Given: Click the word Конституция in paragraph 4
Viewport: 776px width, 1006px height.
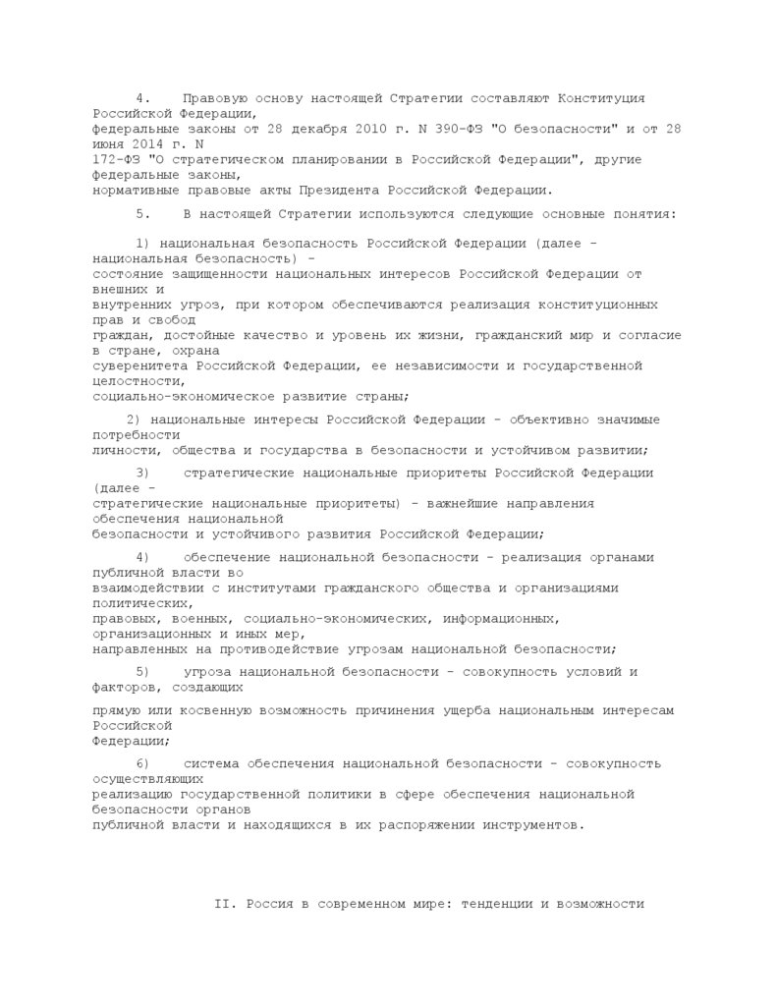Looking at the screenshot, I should pos(601,98).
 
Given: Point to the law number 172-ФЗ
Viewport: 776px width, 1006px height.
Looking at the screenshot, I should pos(117,159).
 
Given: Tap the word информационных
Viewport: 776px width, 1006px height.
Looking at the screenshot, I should pos(500,619).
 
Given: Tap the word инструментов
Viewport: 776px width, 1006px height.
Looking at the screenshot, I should pos(531,825).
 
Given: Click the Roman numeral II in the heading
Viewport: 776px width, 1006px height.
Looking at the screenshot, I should pos(221,903).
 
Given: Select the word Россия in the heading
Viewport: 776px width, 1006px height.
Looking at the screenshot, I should pos(269,903).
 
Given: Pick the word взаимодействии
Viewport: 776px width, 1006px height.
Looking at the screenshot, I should pos(148,587).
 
